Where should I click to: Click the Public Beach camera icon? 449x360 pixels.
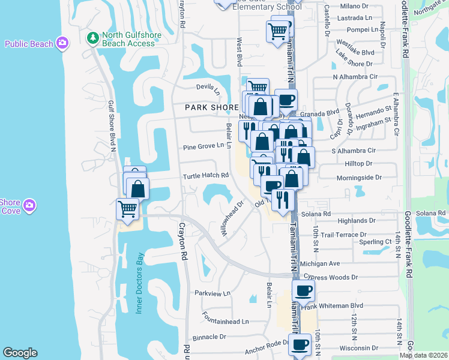tap(62, 43)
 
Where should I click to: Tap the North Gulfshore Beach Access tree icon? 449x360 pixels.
tap(93, 39)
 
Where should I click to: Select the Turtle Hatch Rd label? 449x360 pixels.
tap(206, 176)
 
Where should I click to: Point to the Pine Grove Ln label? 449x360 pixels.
tap(203, 146)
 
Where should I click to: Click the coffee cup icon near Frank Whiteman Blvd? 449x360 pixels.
tap(303, 291)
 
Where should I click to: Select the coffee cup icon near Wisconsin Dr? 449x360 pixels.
tap(299, 345)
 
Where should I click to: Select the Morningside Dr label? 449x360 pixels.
tap(359, 178)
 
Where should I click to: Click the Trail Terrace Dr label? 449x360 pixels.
tap(343, 235)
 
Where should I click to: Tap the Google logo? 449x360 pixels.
tap(20, 353)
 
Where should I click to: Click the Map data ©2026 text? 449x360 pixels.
tap(424, 355)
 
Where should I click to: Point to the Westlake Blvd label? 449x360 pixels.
tap(355, 52)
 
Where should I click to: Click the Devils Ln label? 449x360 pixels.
tap(209, 88)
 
